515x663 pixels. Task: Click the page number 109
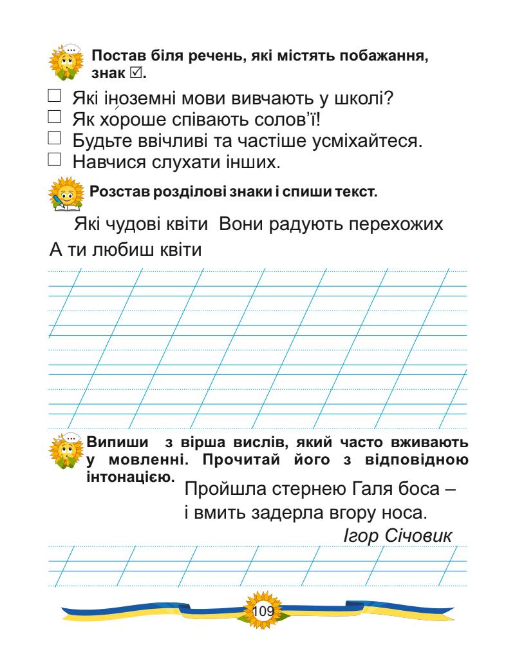(x=263, y=610)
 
